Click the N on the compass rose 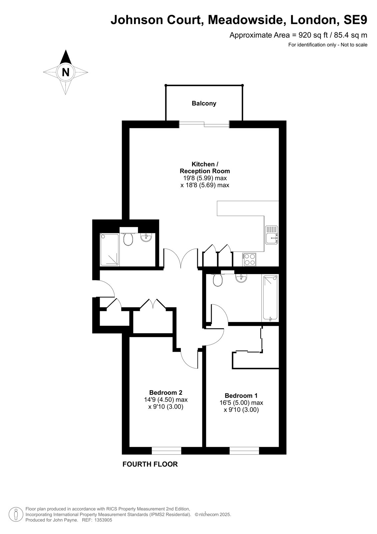(65, 72)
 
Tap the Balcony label (204, 103)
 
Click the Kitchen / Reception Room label (205, 168)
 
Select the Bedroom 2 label (166, 392)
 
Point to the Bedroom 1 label (241, 396)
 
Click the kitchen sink (271, 235)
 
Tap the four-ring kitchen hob (249, 259)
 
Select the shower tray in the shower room (109, 249)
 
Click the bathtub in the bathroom (270, 298)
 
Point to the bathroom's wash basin (241, 278)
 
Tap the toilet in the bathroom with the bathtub (217, 280)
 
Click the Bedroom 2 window (166, 451)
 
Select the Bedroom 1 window (244, 451)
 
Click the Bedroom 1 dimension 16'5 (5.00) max (241, 403)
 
